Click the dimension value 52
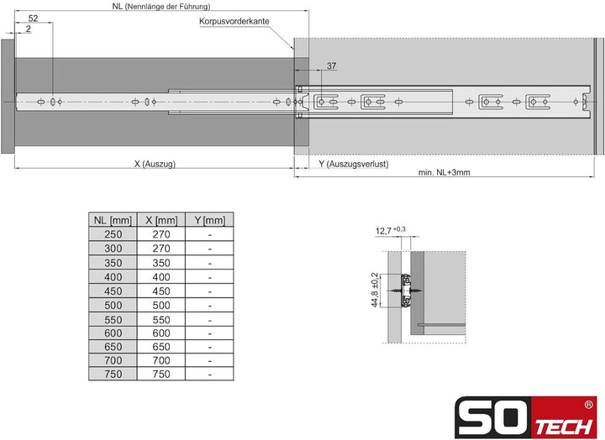pyautogui.click(x=33, y=18)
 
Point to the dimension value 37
pyautogui.click(x=331, y=66)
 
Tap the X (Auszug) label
pyautogui.click(x=154, y=165)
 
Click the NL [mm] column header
pyautogui.click(x=112, y=220)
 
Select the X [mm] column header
pyautogui.click(x=160, y=220)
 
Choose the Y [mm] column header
pyautogui.click(x=209, y=220)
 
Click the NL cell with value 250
pyautogui.click(x=112, y=235)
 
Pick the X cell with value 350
pyautogui.click(x=160, y=263)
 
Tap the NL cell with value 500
pyautogui.click(x=112, y=305)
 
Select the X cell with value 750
pyautogui.click(x=160, y=375)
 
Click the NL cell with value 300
pyautogui.click(x=112, y=249)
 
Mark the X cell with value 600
pyautogui.click(x=160, y=333)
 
